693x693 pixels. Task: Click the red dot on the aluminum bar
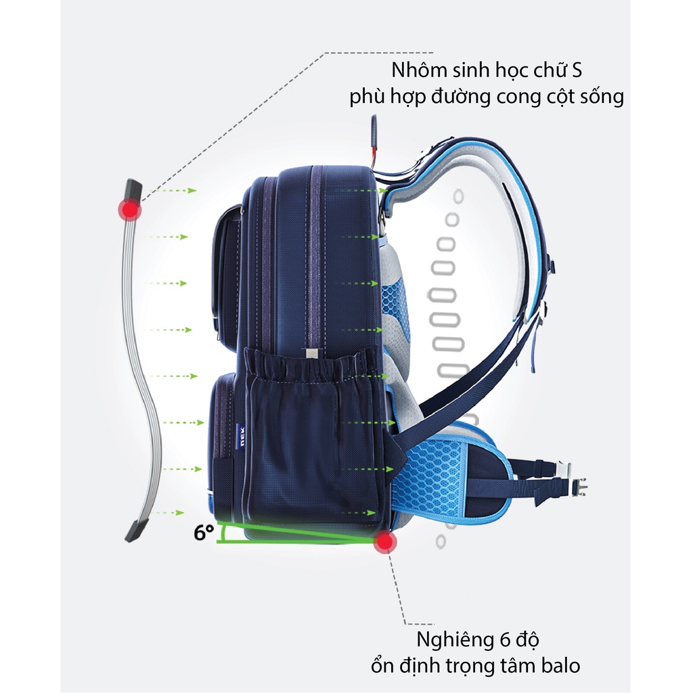pyautogui.click(x=129, y=210)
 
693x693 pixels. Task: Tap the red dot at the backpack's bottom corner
pyautogui.click(x=385, y=541)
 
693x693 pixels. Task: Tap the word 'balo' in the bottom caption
pyautogui.click(x=559, y=665)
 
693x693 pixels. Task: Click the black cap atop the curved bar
pyautogui.click(x=133, y=189)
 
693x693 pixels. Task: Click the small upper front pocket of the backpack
pyautogui.click(x=227, y=271)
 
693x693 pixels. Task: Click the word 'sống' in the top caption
pyautogui.click(x=597, y=97)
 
